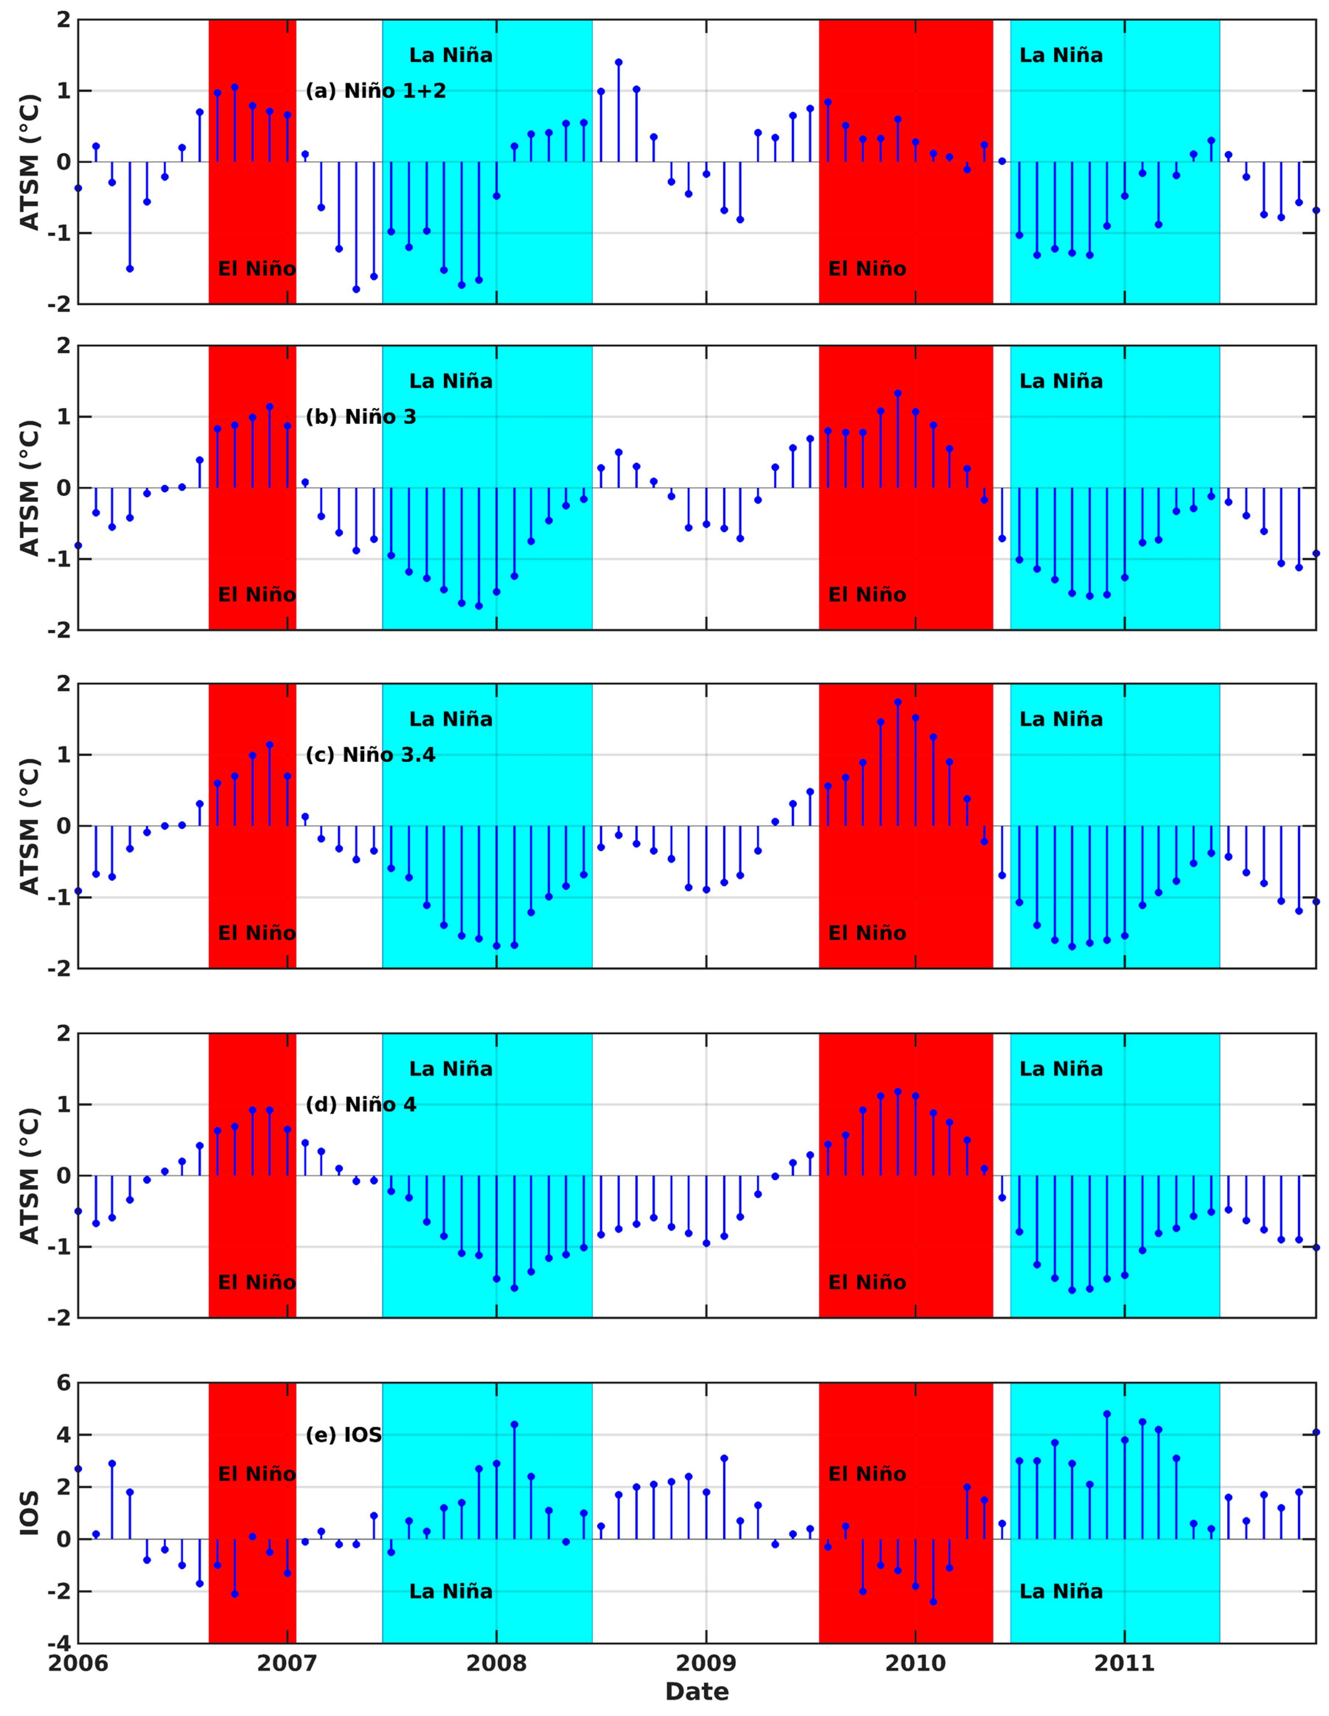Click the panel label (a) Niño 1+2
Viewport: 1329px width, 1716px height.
(x=376, y=91)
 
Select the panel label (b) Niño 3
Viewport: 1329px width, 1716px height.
(x=361, y=417)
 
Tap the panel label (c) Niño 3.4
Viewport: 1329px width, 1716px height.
(x=370, y=755)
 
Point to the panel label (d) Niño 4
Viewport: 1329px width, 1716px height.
(x=361, y=1105)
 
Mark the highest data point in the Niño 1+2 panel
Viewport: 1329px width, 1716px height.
(x=619, y=62)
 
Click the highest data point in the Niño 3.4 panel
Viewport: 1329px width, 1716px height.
(x=898, y=703)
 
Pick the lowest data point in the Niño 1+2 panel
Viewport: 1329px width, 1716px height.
(x=356, y=289)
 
